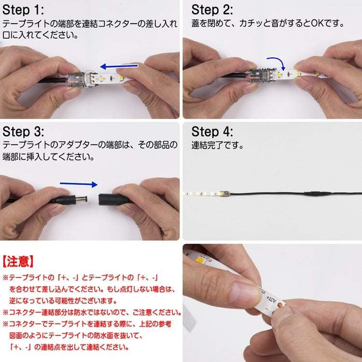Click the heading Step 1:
coord(23,10)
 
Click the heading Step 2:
coord(212,10)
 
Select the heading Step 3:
coord(23,132)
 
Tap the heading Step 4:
coord(212,132)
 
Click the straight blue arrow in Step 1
coord(119,67)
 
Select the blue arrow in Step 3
coord(79,184)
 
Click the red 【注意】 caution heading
coord(18,262)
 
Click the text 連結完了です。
coord(217,145)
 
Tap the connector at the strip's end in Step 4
coord(224,194)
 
